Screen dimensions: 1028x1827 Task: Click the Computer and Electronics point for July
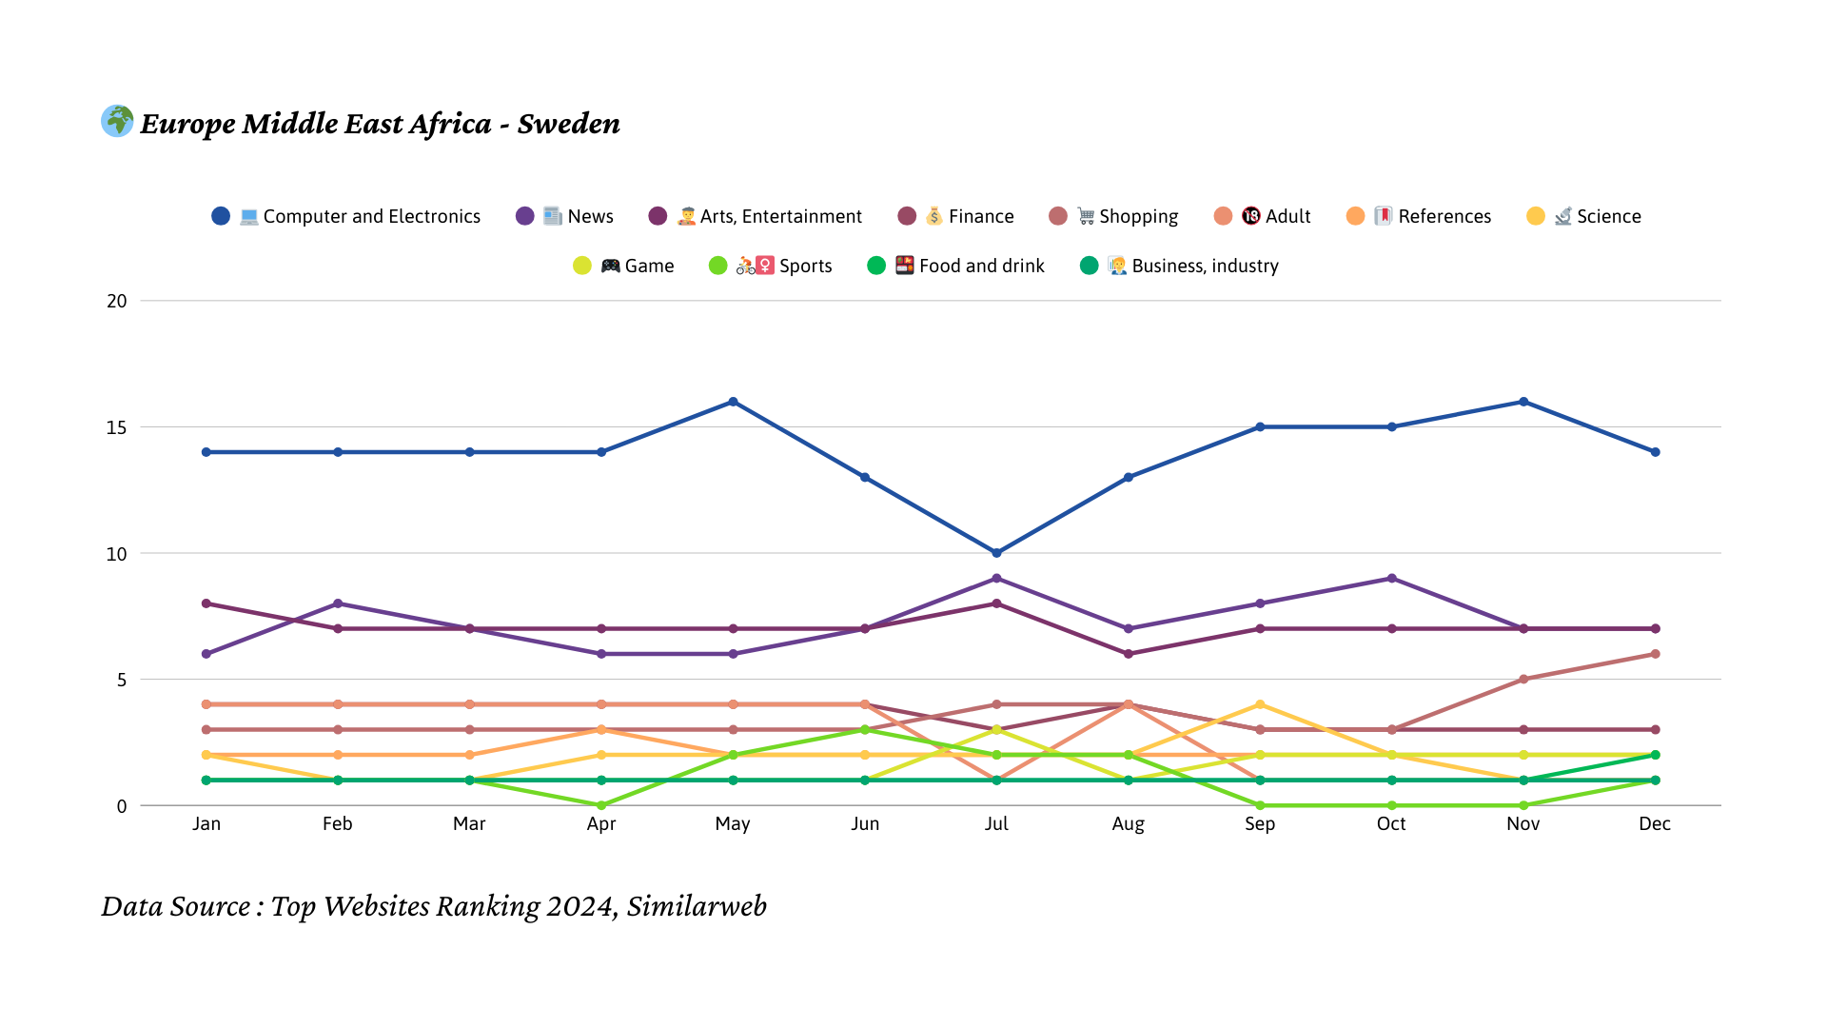coord(996,553)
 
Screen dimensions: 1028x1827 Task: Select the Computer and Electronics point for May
coord(733,402)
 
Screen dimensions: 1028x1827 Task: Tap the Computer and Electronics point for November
coord(1523,402)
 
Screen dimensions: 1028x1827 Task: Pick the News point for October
coord(1392,579)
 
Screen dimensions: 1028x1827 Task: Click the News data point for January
coord(206,654)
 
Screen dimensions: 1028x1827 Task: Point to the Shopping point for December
coord(1655,654)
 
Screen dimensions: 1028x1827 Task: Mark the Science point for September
coord(1260,704)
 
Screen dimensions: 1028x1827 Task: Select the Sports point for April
coord(601,805)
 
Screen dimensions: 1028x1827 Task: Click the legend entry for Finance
coord(956,216)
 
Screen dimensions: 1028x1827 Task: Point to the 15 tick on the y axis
coord(116,427)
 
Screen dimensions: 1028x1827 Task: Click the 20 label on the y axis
coord(116,301)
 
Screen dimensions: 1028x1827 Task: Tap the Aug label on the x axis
coord(1128,823)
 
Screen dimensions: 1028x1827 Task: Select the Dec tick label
coord(1655,823)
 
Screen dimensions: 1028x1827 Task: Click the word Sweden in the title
coord(568,124)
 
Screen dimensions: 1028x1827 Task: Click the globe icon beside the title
coord(117,121)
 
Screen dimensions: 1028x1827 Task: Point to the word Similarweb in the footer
coord(697,906)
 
